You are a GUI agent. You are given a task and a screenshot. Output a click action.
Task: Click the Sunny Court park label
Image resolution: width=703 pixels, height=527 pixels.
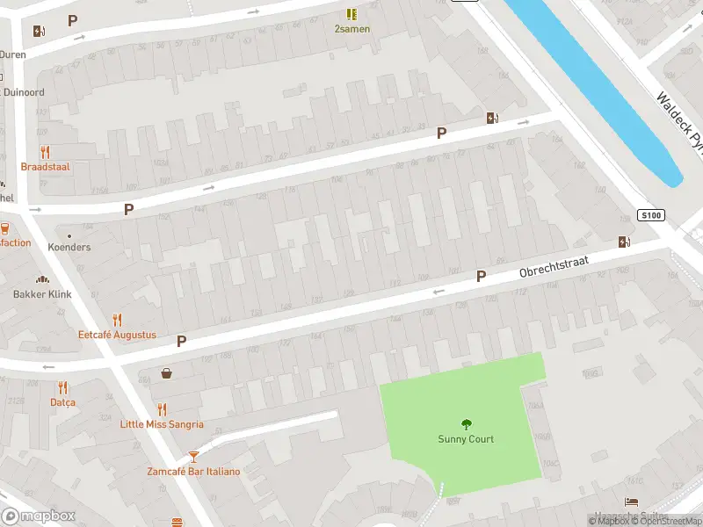click(x=466, y=439)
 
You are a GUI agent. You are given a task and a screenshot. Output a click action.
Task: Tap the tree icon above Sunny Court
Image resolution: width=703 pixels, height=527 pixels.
click(x=466, y=423)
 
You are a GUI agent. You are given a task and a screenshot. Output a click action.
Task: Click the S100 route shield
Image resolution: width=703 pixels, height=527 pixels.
click(x=651, y=215)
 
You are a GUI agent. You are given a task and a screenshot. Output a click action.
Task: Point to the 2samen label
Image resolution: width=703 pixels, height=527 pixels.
click(x=351, y=28)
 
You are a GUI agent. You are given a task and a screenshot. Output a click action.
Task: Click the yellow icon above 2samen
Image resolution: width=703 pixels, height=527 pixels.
click(x=351, y=14)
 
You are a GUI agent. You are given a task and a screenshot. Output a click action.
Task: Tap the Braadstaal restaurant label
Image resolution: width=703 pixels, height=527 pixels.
click(x=45, y=166)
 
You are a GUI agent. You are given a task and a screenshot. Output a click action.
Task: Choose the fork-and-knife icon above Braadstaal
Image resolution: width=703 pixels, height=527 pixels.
click(x=45, y=152)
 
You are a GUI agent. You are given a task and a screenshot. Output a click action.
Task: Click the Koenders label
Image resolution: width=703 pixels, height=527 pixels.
click(x=69, y=247)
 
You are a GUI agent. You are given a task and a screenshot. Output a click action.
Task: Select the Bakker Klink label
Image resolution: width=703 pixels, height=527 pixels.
click(x=42, y=294)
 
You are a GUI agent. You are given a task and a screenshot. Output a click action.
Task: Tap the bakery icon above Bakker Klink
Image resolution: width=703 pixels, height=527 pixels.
click(x=41, y=279)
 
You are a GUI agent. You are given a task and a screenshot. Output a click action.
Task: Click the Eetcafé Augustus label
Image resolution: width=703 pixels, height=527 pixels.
click(x=117, y=335)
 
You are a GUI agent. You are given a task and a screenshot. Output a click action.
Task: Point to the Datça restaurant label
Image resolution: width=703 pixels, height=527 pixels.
click(x=62, y=402)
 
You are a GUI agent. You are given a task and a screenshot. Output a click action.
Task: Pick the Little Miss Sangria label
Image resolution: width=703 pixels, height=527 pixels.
click(x=162, y=424)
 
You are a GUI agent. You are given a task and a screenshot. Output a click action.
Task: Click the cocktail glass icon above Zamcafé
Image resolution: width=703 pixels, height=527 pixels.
click(x=193, y=457)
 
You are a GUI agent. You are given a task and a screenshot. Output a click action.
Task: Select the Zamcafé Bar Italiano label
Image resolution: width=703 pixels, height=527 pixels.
click(x=193, y=472)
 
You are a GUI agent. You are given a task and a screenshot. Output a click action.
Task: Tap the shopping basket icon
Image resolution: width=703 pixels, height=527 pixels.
click(x=166, y=373)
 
